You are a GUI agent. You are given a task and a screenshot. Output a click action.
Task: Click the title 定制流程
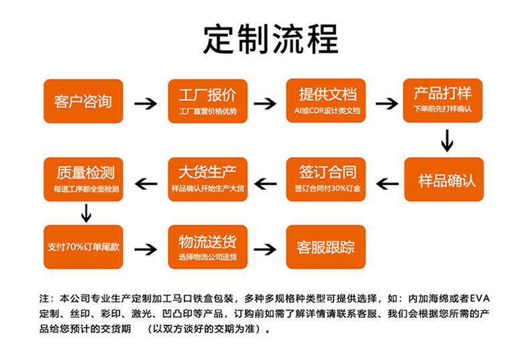point(270,40)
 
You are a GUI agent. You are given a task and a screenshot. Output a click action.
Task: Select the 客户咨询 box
point(83,101)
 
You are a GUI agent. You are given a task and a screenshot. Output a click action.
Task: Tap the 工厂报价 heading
point(207,95)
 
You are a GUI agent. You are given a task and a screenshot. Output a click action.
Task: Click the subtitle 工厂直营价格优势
point(208,111)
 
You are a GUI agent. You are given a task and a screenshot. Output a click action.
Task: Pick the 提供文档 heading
point(327,95)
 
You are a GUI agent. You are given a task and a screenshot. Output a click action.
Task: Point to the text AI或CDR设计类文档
point(327,111)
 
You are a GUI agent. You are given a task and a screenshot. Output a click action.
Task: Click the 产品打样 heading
point(443,93)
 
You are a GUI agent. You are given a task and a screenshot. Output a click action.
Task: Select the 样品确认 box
point(444,179)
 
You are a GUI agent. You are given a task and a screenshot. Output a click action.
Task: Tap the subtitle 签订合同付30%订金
point(327,188)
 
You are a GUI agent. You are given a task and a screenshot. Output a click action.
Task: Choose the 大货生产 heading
point(207,172)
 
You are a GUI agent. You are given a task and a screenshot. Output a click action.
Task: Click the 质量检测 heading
point(86,172)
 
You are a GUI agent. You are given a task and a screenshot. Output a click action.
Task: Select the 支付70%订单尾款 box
point(83,247)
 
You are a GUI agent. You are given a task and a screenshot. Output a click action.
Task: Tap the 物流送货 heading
point(207,242)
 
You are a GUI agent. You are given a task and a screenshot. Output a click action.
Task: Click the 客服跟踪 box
point(326,247)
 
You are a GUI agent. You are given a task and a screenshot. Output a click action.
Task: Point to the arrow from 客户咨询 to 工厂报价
point(146,104)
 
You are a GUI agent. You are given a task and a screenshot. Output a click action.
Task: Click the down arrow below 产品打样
point(447,141)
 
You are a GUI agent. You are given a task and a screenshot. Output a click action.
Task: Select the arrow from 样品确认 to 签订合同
point(387,184)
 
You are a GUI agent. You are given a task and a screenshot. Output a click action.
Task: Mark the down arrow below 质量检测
point(86,213)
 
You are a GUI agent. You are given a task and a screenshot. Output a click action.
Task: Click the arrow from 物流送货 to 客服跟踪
point(265,249)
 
